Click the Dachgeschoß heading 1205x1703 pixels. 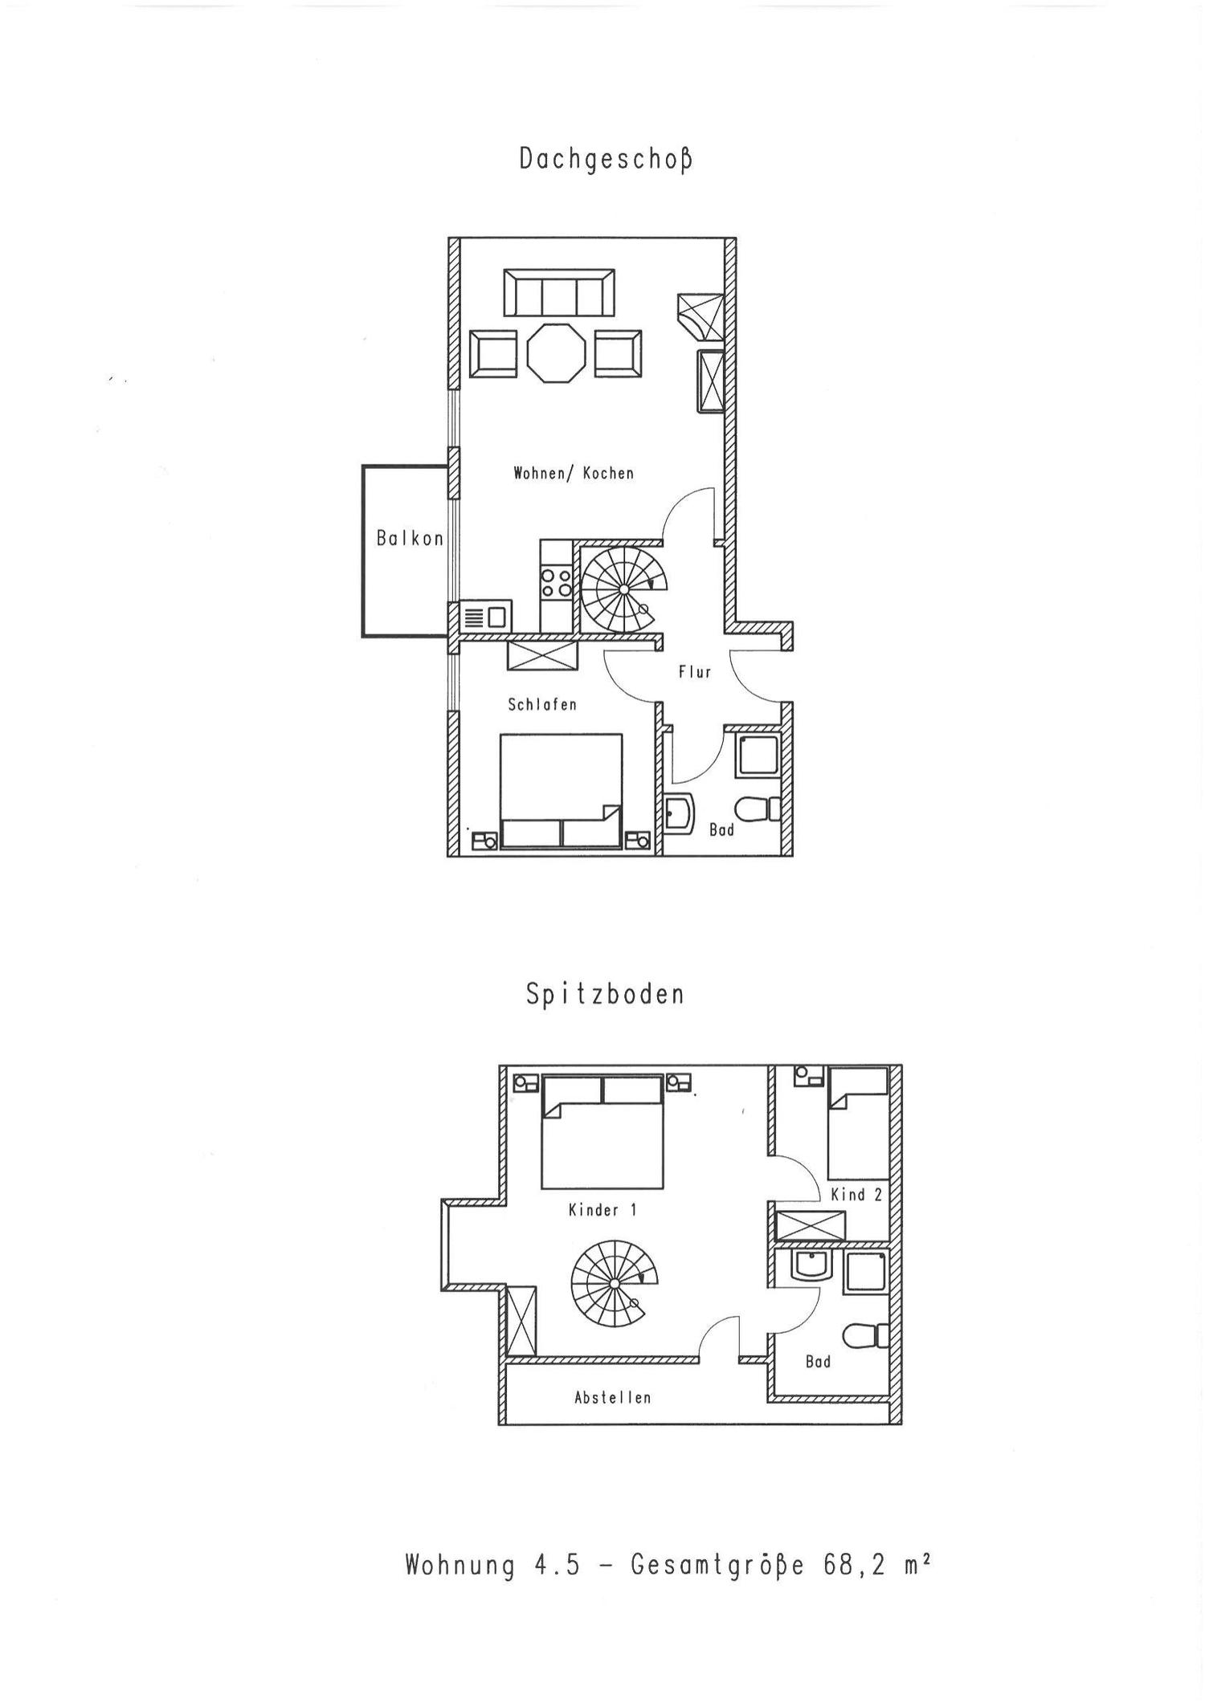605,159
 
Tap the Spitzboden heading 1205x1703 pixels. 605,995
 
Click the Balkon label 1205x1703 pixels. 410,539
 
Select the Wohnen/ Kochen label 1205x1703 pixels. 574,474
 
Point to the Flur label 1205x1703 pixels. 695,672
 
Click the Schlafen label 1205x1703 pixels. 542,705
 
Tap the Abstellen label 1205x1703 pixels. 612,1398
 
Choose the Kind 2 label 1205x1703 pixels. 856,1195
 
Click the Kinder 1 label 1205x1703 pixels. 602,1210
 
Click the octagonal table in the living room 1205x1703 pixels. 556,352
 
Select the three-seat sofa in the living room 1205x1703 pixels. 559,293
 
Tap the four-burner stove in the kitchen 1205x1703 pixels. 556,583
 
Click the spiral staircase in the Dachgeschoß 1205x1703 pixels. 623,589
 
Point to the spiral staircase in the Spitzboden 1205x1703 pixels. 613,1284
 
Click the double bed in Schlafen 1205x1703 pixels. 561,791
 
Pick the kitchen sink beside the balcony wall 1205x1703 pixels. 486,617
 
